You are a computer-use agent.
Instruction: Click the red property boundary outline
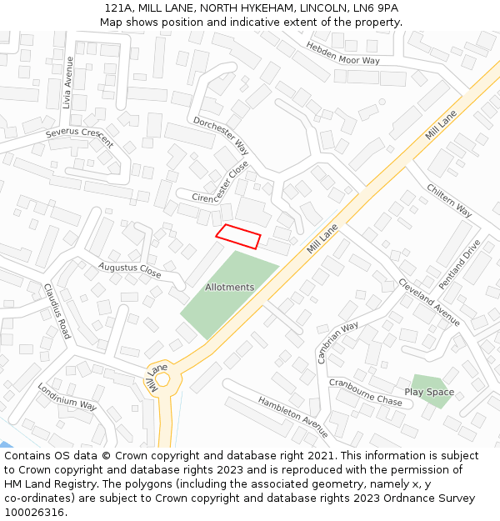238,237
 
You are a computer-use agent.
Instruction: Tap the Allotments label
229,288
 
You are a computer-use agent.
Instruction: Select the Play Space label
429,392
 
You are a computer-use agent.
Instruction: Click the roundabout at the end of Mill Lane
162,380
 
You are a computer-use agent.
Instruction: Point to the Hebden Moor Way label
342,53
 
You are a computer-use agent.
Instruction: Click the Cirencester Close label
221,185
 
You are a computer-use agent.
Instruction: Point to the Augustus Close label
129,270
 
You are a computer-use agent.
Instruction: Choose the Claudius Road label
57,311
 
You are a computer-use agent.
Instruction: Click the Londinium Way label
67,398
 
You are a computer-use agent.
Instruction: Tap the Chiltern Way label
449,201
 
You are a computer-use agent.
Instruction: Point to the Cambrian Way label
337,342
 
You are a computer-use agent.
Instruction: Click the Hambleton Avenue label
292,417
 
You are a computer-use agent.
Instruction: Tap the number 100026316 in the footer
33,513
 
